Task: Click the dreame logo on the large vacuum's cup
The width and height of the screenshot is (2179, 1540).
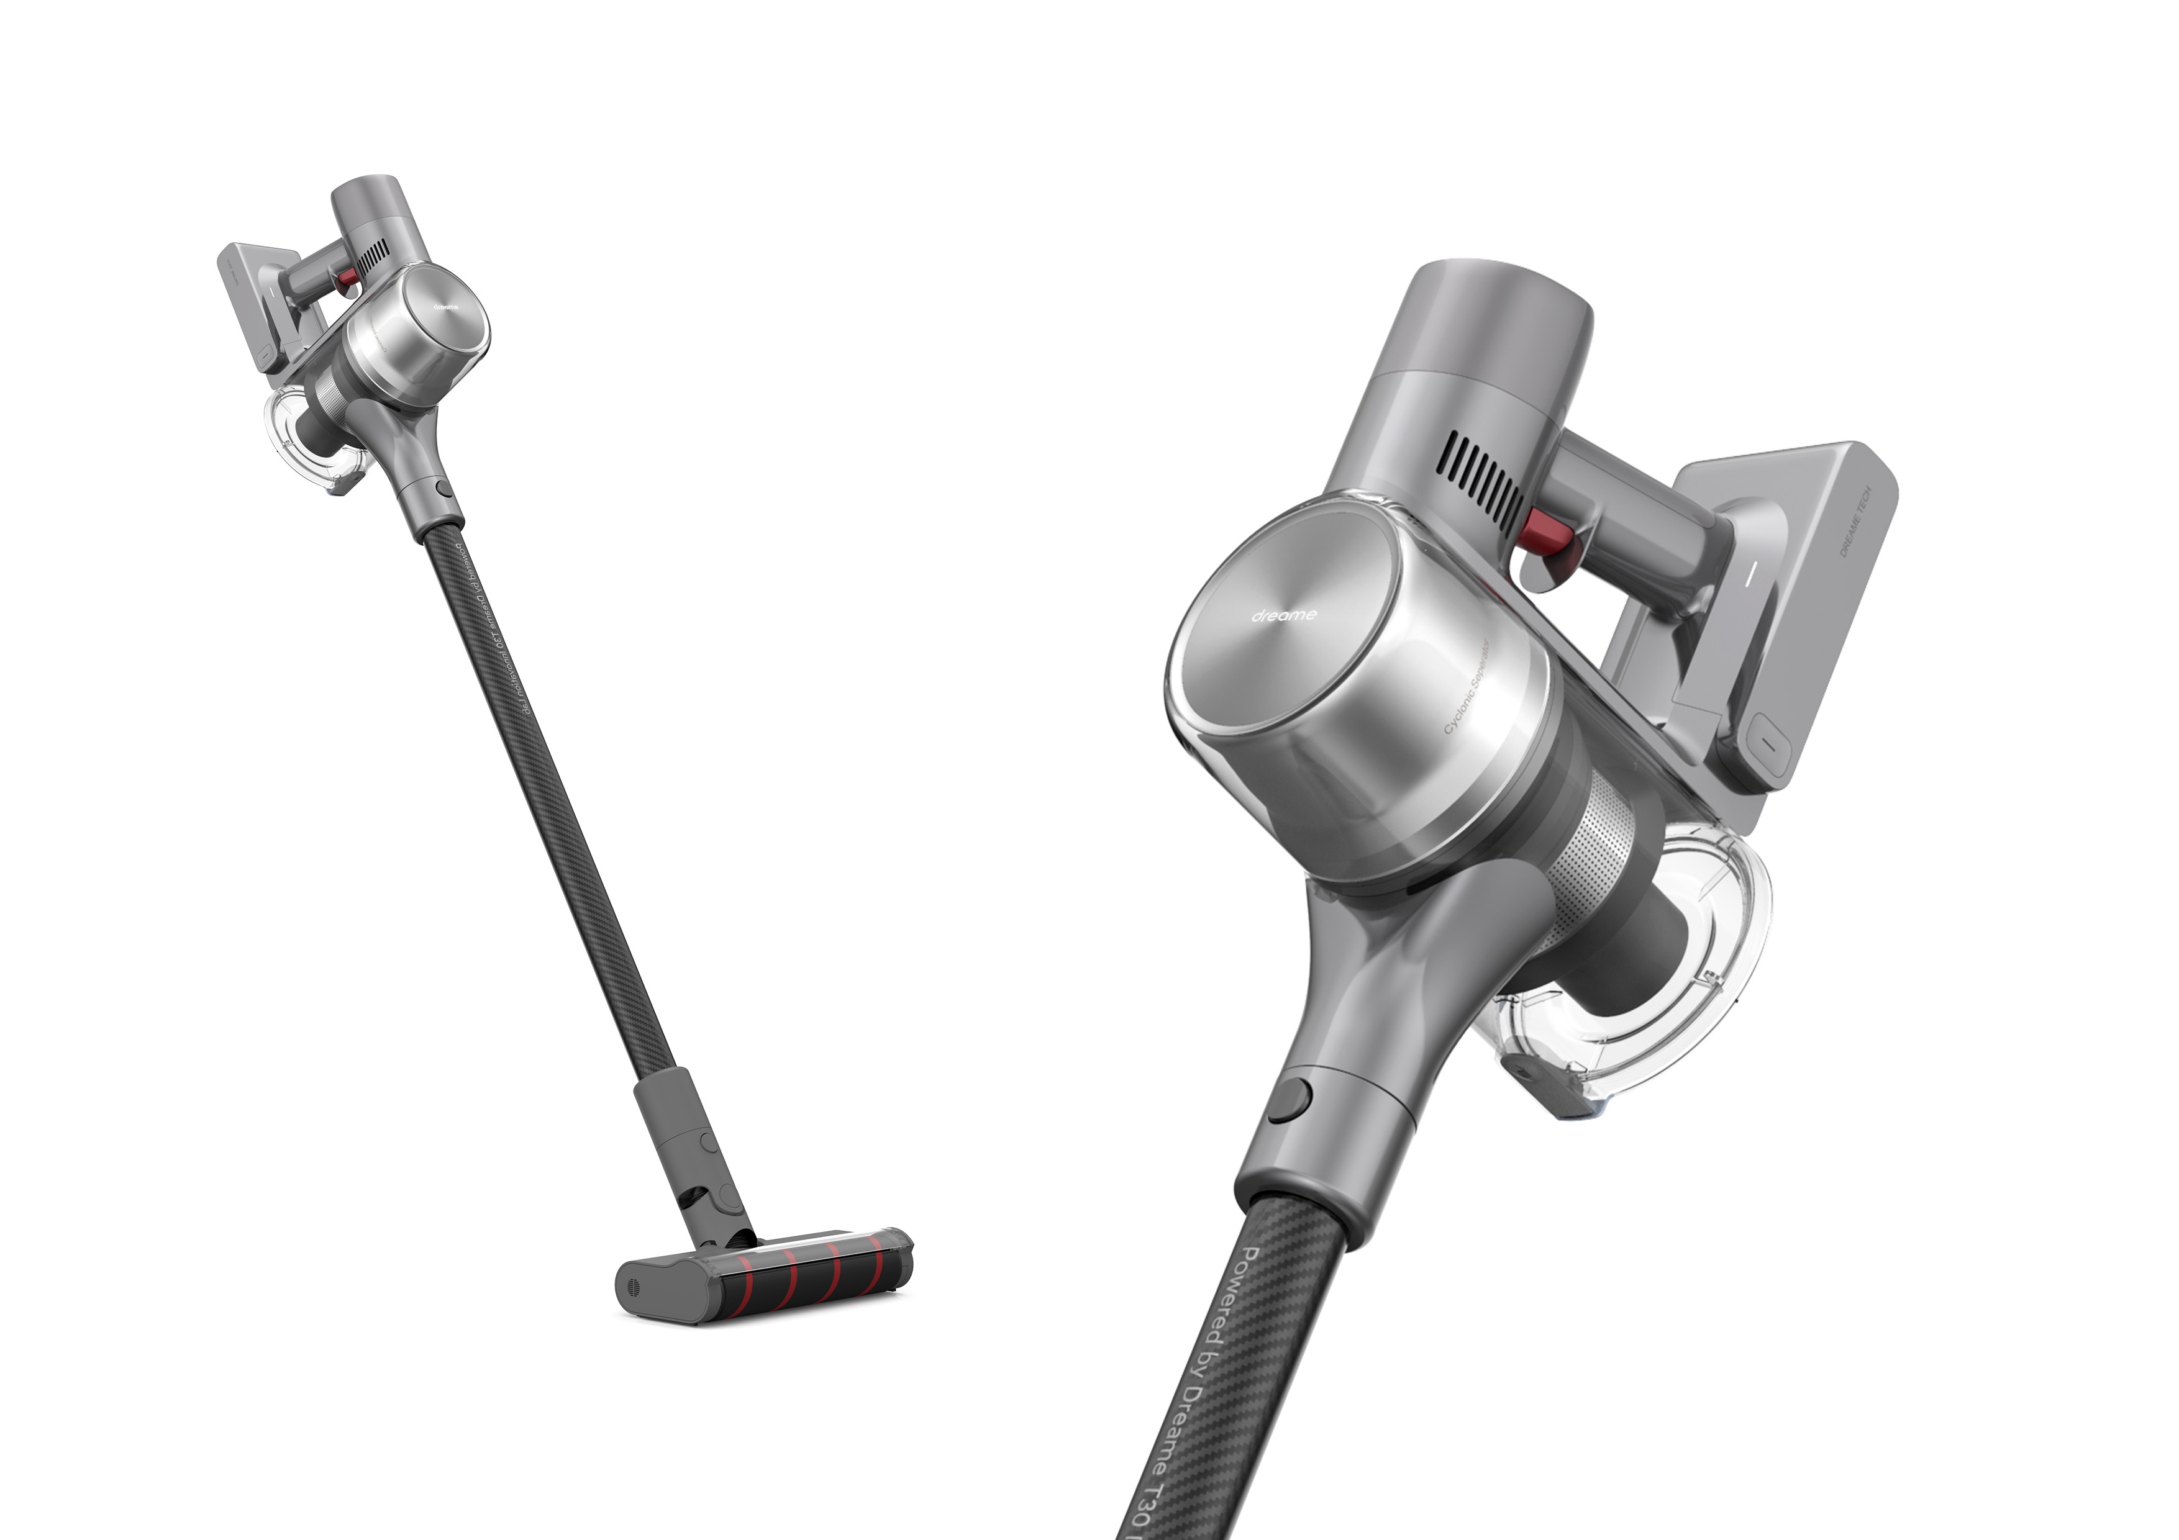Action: pyautogui.click(x=1283, y=615)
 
